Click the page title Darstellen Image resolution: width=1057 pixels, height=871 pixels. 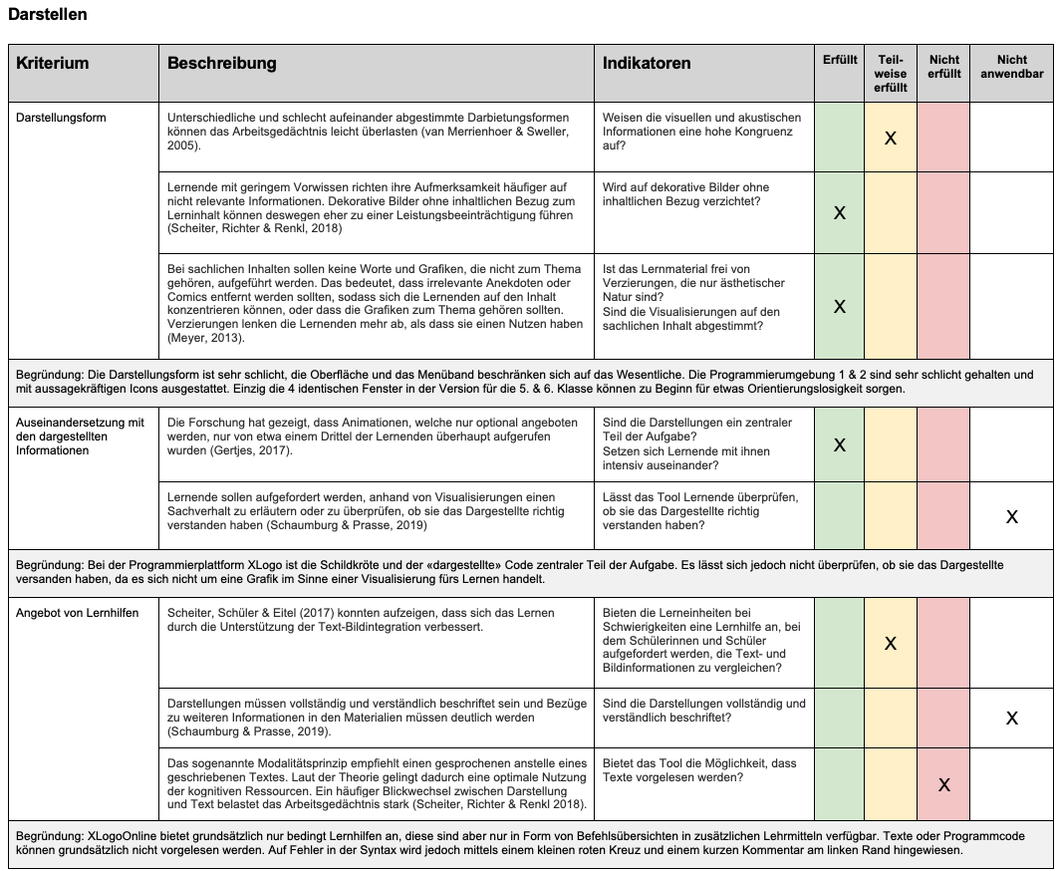(x=47, y=15)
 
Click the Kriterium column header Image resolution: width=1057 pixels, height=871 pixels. (x=53, y=63)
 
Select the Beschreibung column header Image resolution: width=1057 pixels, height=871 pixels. (x=221, y=63)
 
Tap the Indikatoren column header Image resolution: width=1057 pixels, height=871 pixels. (x=647, y=63)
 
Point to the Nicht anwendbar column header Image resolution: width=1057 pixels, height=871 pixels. (x=1011, y=66)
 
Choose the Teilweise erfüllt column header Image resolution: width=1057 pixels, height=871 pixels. (x=891, y=73)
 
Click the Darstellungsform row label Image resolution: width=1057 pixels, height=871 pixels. (x=61, y=118)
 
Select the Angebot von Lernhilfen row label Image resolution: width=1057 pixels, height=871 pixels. (x=77, y=612)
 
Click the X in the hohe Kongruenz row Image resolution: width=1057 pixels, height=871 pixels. (x=891, y=138)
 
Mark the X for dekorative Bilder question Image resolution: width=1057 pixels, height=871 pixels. (x=840, y=212)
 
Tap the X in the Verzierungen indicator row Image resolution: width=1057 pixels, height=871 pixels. (x=840, y=306)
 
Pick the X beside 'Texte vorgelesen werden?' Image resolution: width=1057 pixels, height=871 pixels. (x=944, y=784)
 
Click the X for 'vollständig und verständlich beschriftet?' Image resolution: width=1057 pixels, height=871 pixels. (x=1012, y=718)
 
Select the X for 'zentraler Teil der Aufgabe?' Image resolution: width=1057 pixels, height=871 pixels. (x=840, y=444)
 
